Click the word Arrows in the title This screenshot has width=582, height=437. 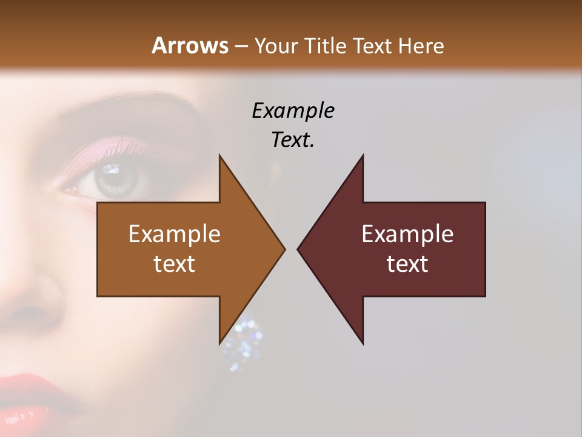190,46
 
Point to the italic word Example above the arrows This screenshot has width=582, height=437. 293,111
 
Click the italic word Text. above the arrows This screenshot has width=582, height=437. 293,140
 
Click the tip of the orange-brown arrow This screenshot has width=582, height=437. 284,249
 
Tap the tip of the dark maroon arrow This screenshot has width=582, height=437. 298,249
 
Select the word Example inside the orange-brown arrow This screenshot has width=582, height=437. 175,234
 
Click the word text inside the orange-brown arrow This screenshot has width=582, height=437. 175,263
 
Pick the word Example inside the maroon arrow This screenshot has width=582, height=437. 407,234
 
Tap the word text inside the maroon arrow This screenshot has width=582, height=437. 407,263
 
